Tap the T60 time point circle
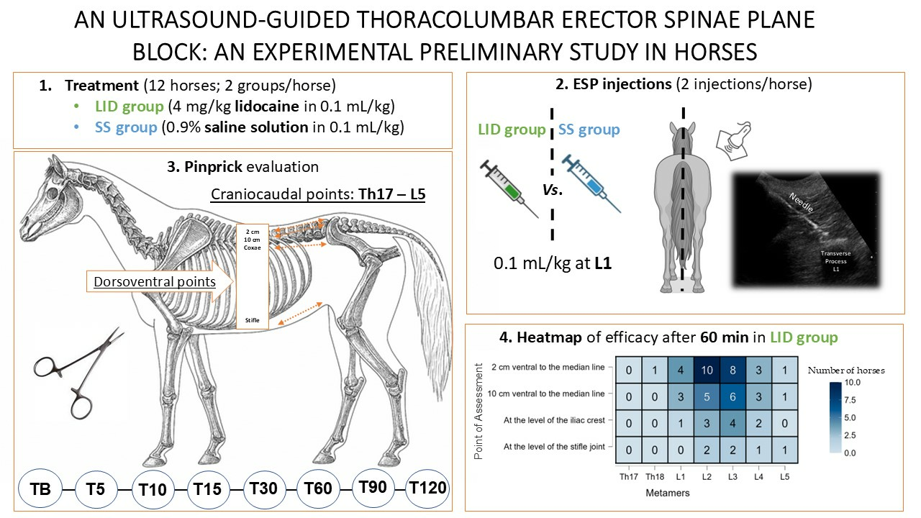click(318, 489)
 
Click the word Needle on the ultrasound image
click(800, 203)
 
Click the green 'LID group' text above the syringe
click(512, 130)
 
